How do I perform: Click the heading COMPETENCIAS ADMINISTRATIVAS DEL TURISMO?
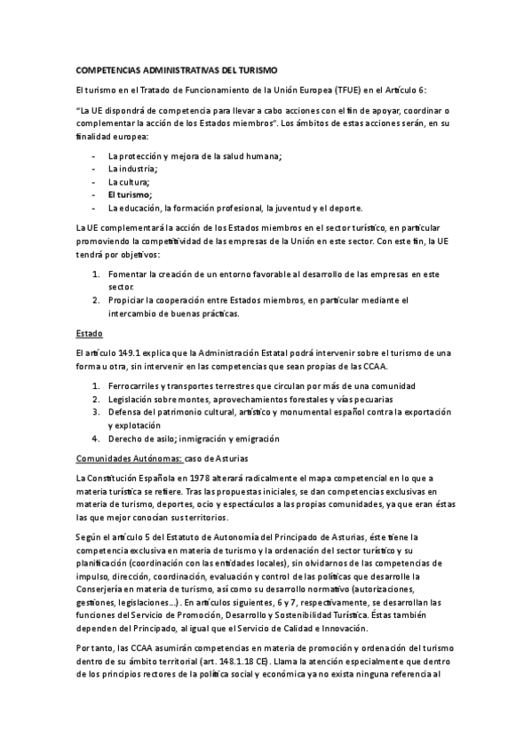[177, 69]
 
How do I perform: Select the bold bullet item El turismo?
[130, 194]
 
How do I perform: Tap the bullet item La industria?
[132, 169]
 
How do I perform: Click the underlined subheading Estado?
[90, 334]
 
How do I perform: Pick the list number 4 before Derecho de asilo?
[95, 438]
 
